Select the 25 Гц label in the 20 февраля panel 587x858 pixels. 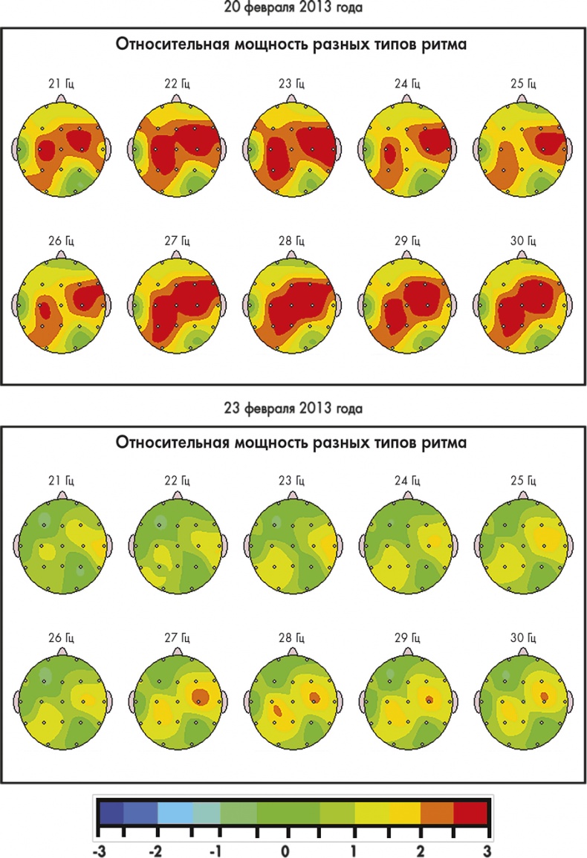pos(521,84)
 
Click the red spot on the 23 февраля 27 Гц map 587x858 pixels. pos(199,696)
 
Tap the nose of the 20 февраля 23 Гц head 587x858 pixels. pos(291,99)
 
